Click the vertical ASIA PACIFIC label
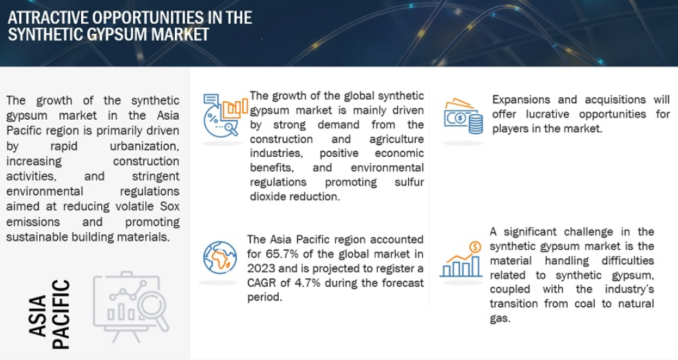tap(50, 314)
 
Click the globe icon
tap(220, 257)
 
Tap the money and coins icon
tap(463, 116)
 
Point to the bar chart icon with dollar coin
tap(461, 260)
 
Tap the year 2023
tap(261, 268)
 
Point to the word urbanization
tap(145, 146)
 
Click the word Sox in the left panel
tap(169, 207)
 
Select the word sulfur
tap(409, 182)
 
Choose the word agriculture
tap(396, 139)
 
